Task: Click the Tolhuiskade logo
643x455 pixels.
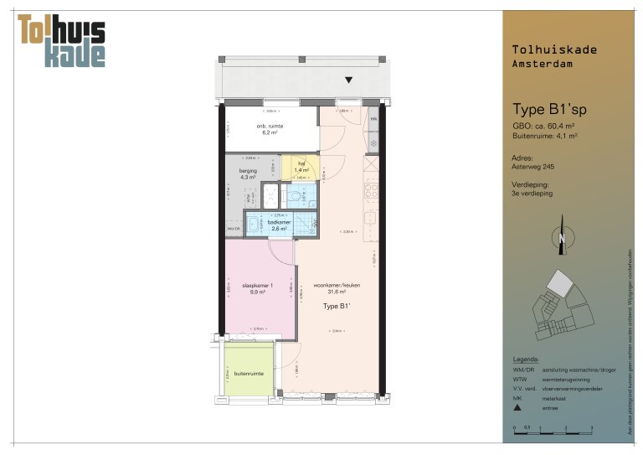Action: (62, 40)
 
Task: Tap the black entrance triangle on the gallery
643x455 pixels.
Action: (349, 80)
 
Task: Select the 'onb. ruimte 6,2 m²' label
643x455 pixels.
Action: (270, 129)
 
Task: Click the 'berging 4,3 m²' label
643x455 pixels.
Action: (248, 173)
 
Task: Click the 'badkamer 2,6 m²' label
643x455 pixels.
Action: (279, 225)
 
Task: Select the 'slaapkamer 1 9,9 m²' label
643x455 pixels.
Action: (258, 288)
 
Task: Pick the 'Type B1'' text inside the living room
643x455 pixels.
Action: (337, 307)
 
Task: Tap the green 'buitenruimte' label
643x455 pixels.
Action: (248, 374)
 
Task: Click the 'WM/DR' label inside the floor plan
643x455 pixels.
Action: (233, 228)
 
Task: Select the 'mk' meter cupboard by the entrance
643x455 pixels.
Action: (373, 119)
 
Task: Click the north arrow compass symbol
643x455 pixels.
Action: (562, 240)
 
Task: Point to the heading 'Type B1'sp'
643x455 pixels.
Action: (550, 109)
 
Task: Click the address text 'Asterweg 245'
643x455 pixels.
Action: (532, 167)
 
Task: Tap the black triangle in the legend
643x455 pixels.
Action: (518, 408)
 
